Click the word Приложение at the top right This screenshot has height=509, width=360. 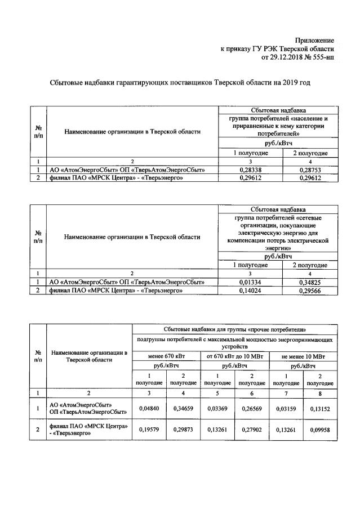[315, 41]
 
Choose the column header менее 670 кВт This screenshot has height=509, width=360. [166, 356]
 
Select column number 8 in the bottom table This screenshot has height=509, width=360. [320, 392]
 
